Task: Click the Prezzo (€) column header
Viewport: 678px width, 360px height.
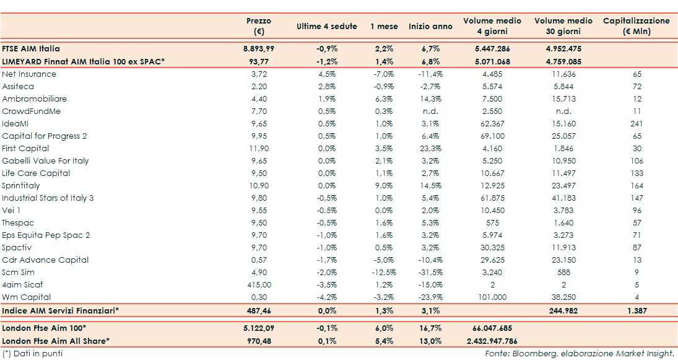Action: [x=259, y=26]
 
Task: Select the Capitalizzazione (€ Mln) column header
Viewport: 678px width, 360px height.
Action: [x=636, y=26]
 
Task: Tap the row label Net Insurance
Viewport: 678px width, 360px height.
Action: [x=29, y=74]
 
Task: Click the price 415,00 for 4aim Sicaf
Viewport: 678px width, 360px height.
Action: [x=259, y=285]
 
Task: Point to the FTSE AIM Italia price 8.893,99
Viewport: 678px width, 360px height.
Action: [x=259, y=48]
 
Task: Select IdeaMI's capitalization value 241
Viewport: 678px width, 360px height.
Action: [x=637, y=124]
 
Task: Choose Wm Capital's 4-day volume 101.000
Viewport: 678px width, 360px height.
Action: [x=492, y=297]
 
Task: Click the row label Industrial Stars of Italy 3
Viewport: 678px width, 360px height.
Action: [x=48, y=198]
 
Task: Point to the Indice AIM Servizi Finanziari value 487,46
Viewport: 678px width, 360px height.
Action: [x=259, y=310]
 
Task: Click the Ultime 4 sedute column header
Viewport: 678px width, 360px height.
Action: [x=327, y=27]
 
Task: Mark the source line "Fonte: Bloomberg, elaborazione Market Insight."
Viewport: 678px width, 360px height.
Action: [x=580, y=353]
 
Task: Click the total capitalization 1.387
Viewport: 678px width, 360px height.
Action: [x=637, y=310]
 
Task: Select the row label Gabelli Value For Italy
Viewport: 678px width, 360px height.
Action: [x=45, y=161]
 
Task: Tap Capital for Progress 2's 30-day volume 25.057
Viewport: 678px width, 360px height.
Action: [x=563, y=136]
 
